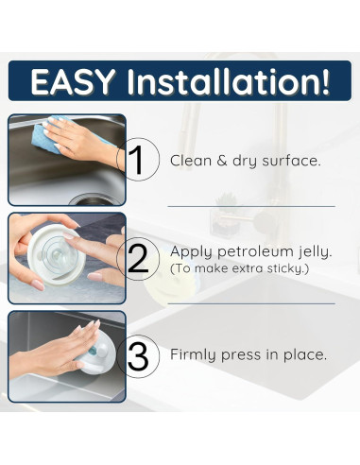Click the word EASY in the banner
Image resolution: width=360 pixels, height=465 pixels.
pyautogui.click(x=73, y=81)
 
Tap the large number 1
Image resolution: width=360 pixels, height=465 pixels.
pyautogui.click(x=136, y=161)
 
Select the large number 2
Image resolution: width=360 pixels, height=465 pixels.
pyautogui.click(x=138, y=258)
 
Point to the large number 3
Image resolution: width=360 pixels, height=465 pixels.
pyautogui.click(x=138, y=357)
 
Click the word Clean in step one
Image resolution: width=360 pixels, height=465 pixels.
pyautogui.click(x=191, y=161)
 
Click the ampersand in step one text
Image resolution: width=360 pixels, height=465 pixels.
pyautogui.click(x=222, y=161)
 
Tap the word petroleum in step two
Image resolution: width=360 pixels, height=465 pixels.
pyautogui.click(x=255, y=252)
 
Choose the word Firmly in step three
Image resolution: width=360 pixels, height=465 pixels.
pyautogui.click(x=194, y=354)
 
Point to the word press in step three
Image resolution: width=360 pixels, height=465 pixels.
pyautogui.click(x=241, y=355)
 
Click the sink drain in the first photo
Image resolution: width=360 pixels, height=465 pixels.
pyautogui.click(x=93, y=199)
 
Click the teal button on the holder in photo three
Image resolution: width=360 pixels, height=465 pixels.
pyautogui.click(x=94, y=352)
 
